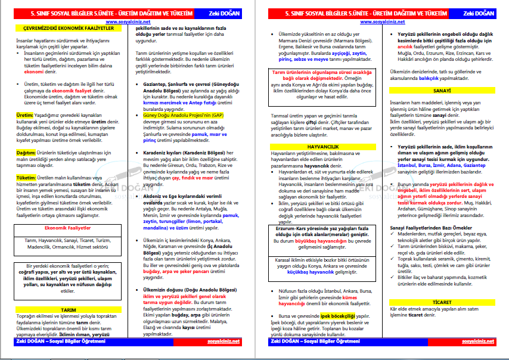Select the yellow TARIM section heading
(x=69, y=310)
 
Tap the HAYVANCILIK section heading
(x=321, y=146)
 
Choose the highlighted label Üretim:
(x=24, y=114)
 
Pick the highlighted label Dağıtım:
(x=26, y=153)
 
